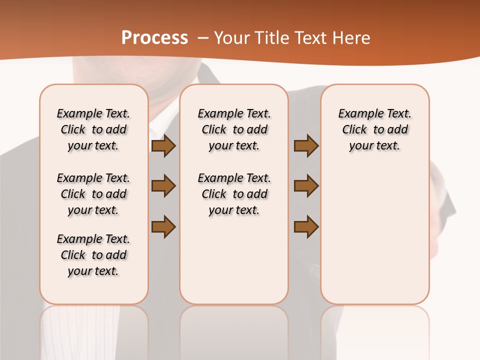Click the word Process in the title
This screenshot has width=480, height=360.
coord(154,37)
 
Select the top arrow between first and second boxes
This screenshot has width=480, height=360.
coord(163,145)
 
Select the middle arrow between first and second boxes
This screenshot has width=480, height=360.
coord(163,186)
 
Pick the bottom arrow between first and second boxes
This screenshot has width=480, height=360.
coord(163,226)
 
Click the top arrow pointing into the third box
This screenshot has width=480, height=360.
coord(306,145)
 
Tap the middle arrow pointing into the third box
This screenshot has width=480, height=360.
coord(306,186)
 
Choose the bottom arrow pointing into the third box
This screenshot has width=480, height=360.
coord(306,226)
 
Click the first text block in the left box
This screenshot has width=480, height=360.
coord(93,129)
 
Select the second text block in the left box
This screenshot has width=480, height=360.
coord(93,194)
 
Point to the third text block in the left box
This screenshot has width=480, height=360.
coord(93,255)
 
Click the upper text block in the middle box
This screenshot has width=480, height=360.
coord(234,129)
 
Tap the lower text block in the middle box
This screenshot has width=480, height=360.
coord(234,194)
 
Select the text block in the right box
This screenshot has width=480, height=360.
coord(374,129)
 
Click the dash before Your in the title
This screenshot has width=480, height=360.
coord(203,38)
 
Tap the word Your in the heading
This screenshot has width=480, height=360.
coord(232,38)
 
